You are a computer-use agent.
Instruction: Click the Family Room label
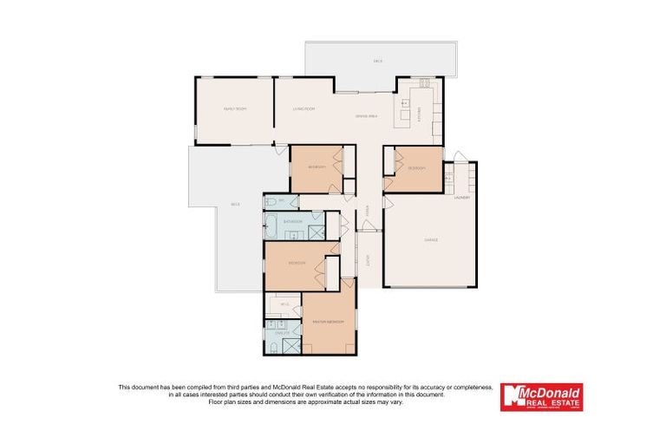(x=234, y=109)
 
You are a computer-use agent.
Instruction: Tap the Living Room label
(x=303, y=109)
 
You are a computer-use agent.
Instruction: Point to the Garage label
(x=430, y=240)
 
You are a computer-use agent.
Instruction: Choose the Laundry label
(x=461, y=198)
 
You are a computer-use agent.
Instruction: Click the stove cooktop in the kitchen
(x=424, y=84)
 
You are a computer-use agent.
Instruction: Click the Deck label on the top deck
(x=378, y=61)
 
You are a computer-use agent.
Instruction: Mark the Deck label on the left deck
(x=235, y=205)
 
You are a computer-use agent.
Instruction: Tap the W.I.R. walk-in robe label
(x=284, y=304)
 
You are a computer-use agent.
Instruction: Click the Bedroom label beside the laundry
(x=415, y=167)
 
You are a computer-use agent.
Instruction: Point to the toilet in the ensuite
(x=271, y=347)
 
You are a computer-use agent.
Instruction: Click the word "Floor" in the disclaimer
(x=248, y=402)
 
